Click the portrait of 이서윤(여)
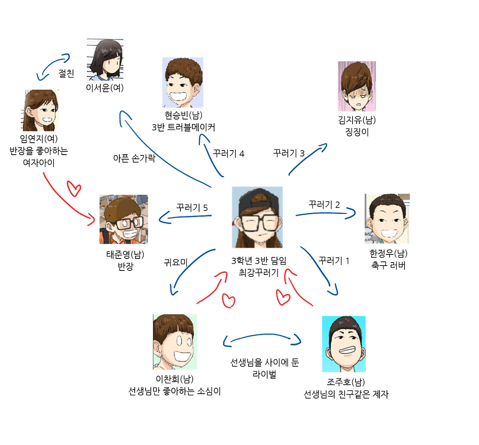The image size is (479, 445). tap(105, 59)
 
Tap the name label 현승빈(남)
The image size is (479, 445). tap(183, 115)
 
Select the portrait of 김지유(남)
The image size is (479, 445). tap(357, 86)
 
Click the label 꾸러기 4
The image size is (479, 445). tap(228, 154)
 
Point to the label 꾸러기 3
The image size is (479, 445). tap(289, 153)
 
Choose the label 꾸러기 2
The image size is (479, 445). tap(324, 205)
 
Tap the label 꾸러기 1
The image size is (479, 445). tap(334, 261)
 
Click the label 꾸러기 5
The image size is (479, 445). tap(192, 208)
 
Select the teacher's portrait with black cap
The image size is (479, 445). tap(257, 217)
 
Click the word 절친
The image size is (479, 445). tap(66, 73)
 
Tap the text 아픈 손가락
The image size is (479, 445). tap(134, 158)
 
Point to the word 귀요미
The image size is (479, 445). tap(176, 262)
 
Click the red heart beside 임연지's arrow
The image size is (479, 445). tap(74, 188)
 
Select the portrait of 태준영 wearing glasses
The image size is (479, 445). tap(123, 219)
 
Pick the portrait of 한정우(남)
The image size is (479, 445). tap(387, 219)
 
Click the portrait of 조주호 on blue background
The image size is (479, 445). tap(344, 344)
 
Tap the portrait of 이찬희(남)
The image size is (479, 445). tap(175, 342)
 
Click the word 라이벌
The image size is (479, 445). tap(264, 374)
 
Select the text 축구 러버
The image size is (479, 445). tap(388, 266)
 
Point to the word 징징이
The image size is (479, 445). tap(357, 132)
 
